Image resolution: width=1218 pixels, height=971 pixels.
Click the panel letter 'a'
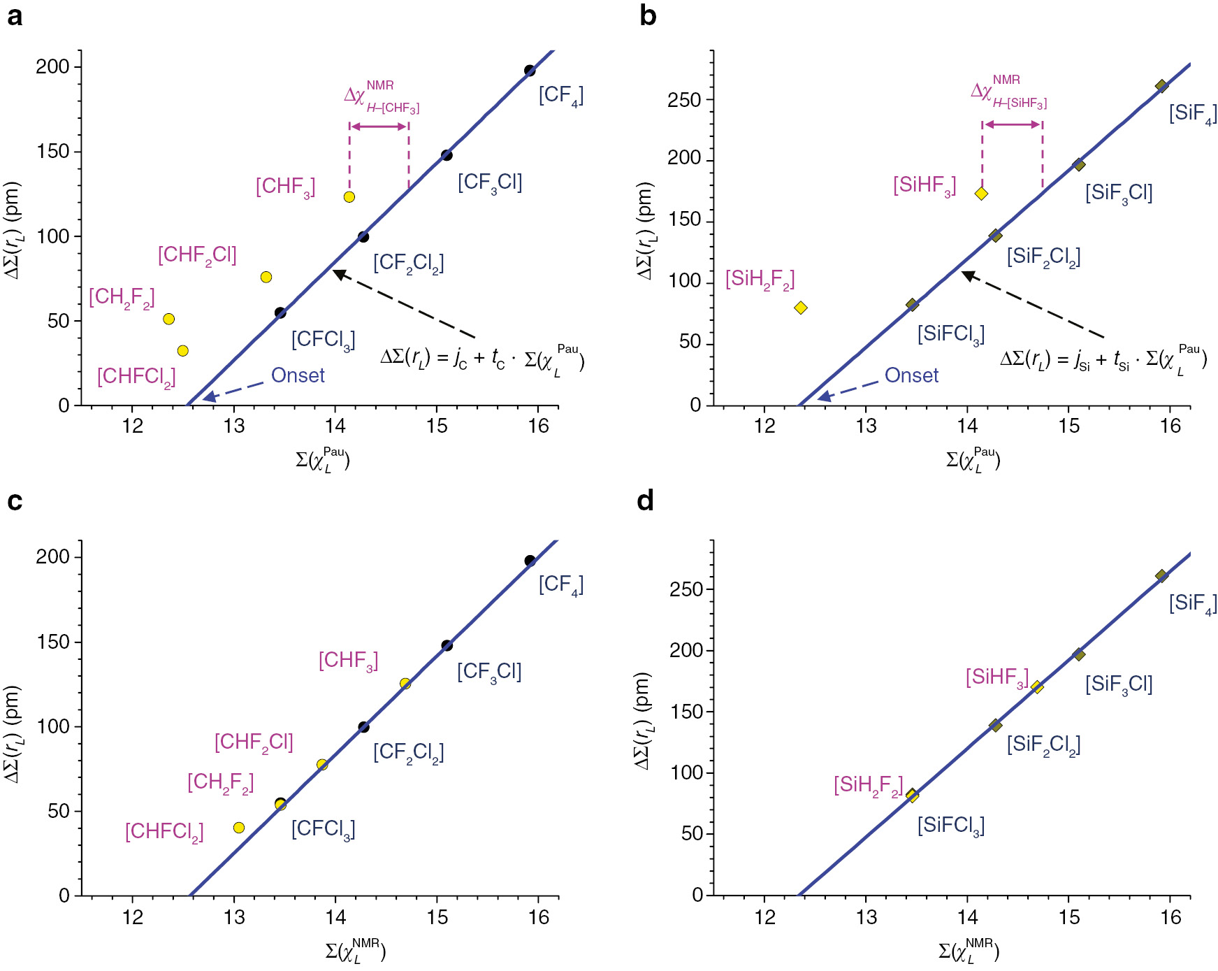tap(14, 15)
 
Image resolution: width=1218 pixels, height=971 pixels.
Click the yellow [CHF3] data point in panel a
tap(349, 197)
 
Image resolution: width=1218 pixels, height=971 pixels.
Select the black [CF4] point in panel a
tap(530, 71)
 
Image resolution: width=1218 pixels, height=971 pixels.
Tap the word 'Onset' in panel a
tap(298, 375)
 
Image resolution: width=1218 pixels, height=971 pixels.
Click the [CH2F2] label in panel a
tap(122, 297)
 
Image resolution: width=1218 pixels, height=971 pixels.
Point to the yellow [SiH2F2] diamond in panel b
tap(801, 308)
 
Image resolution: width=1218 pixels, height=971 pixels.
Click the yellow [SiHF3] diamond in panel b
tap(981, 194)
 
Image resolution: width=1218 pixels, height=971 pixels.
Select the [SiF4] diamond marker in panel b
tap(1161, 86)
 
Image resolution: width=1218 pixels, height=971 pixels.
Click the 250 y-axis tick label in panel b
tap(684, 100)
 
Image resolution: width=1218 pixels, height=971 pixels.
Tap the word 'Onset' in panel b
tap(911, 375)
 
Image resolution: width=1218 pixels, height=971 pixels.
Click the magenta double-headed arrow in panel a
tap(379, 127)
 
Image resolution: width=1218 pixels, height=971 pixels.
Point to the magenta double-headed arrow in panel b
tap(1012, 124)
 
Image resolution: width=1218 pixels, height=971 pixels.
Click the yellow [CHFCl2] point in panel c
tap(239, 828)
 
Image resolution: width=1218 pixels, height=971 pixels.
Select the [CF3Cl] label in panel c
tap(489, 672)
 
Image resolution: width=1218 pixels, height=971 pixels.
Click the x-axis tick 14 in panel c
tap(335, 916)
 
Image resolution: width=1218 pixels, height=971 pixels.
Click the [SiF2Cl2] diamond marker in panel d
tap(996, 726)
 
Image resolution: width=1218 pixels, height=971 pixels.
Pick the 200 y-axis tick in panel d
tap(684, 650)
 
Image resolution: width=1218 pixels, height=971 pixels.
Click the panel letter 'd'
tap(646, 501)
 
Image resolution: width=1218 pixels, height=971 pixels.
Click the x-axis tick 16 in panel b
tap(1170, 426)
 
